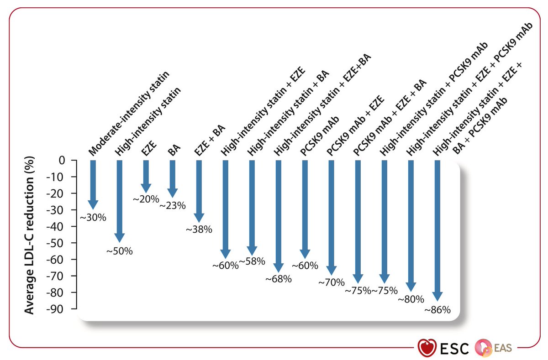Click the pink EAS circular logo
(484, 347)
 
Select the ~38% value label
(199, 230)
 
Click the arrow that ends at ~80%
(411, 226)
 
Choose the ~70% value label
(332, 282)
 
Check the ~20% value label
(146, 199)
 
